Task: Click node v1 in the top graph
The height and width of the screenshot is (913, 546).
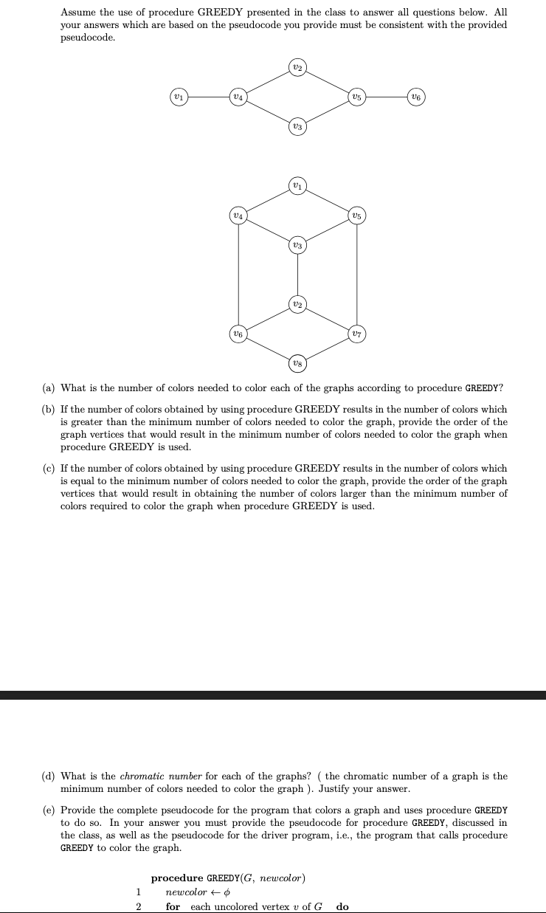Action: (x=178, y=96)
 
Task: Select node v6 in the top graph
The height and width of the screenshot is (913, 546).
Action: (x=416, y=96)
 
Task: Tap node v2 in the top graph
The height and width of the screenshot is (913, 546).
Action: (x=297, y=67)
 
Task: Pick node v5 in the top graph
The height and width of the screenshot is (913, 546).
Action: (x=356, y=96)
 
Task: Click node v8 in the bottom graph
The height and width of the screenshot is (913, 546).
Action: (x=297, y=362)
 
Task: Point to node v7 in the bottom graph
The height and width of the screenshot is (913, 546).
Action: (x=356, y=333)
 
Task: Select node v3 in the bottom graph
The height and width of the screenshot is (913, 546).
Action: (x=297, y=244)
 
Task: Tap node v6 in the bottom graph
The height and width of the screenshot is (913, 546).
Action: (x=238, y=333)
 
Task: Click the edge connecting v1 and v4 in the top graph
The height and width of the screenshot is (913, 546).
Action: (x=207, y=96)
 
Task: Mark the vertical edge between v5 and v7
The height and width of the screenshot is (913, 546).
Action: (x=356, y=274)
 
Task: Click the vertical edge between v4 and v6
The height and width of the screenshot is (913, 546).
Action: (x=238, y=274)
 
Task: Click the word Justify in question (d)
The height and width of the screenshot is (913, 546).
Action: (x=333, y=789)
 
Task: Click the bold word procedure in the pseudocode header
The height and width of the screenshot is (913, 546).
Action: (x=177, y=878)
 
